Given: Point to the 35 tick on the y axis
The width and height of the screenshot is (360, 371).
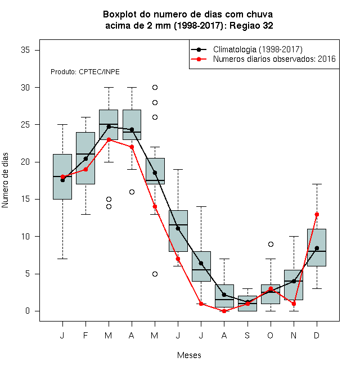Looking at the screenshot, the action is point(25,50).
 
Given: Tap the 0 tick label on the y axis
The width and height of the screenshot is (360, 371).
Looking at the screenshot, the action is point(28,311).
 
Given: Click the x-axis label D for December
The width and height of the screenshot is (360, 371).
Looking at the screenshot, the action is point(317,335).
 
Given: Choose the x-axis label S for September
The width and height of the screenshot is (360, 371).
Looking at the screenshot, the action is point(247,335).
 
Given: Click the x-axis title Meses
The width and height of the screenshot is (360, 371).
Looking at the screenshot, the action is point(189,355).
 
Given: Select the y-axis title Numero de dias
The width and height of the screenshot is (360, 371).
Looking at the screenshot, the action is point(5,180).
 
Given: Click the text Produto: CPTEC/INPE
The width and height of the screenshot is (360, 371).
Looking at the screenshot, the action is point(85,72).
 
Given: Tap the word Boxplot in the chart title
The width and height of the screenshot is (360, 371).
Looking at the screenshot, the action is point(120,15).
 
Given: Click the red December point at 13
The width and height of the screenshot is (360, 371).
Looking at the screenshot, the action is point(317,214).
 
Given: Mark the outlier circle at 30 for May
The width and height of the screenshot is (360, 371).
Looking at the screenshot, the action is point(155,88).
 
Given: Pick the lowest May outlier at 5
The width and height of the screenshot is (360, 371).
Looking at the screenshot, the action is point(155,274).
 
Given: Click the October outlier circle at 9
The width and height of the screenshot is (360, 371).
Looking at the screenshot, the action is point(271,244).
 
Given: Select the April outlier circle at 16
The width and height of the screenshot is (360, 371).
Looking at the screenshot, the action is point(132,192).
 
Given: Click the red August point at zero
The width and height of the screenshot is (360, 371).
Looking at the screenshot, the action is point(224,311).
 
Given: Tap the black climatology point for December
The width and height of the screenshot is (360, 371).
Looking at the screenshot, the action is point(317,248).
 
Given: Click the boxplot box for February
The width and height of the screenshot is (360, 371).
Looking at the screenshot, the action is point(85,158).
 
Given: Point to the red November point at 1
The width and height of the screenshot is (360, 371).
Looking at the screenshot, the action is point(294,304).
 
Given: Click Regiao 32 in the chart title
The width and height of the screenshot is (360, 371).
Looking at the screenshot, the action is point(251,25).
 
